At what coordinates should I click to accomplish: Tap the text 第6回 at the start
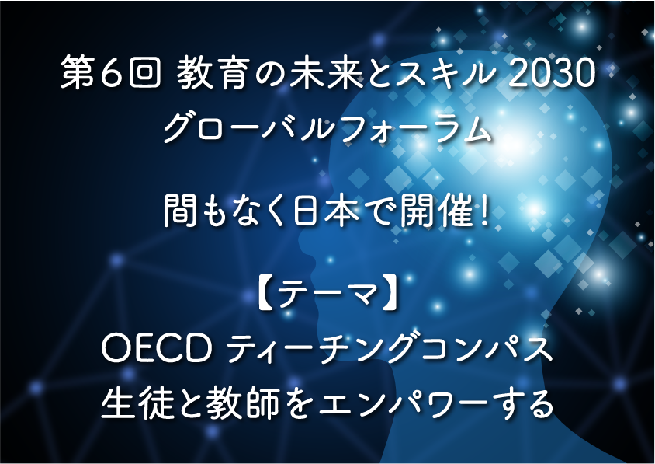[x=111, y=75]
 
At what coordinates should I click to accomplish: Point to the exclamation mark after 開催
[x=484, y=211]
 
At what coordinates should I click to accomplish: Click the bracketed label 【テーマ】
[x=327, y=296]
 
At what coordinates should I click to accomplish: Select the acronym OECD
[x=156, y=349]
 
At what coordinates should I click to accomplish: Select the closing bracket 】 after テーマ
[x=390, y=296]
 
